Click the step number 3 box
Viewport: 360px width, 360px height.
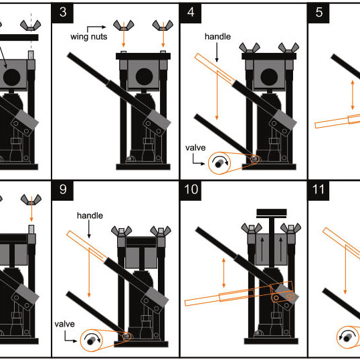pos(63,13)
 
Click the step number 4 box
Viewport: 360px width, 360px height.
pos(191,13)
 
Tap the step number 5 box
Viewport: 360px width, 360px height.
pos(319,13)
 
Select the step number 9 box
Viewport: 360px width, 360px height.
pos(63,190)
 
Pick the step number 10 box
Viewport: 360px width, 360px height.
pos(191,190)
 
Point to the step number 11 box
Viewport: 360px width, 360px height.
pos(319,190)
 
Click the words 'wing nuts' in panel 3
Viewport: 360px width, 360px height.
pos(88,37)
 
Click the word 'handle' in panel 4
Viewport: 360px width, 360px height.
pos(217,36)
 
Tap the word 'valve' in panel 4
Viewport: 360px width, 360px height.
pos(195,148)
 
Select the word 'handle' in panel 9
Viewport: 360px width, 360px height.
pos(90,215)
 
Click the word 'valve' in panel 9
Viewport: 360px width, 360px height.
pos(64,324)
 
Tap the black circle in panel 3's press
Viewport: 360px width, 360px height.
pos(144,77)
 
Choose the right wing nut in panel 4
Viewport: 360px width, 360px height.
pos(288,48)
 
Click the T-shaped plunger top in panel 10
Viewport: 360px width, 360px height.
pos(272,213)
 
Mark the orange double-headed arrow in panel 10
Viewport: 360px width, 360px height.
pos(224,273)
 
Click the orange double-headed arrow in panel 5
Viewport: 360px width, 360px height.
pos(353,95)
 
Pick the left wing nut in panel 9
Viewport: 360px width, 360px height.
pos(122,231)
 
